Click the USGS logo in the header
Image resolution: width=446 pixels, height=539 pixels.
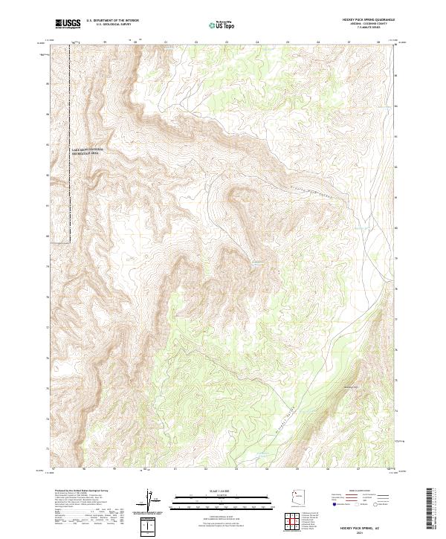click(67, 24)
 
